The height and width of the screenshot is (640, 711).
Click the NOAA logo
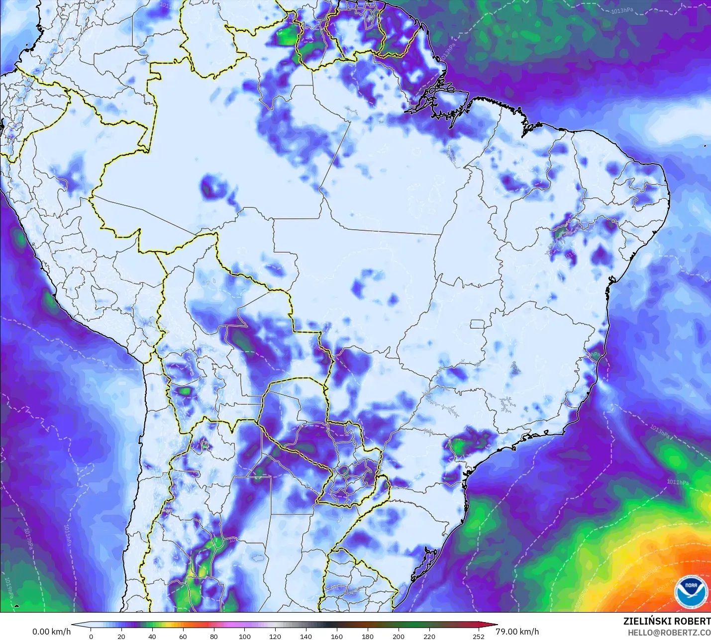(691, 592)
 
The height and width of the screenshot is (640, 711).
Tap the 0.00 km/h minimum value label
(52, 632)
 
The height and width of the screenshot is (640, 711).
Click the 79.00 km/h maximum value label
(517, 632)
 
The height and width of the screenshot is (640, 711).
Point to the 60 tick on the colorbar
(183, 636)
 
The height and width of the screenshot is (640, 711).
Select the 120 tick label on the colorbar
(275, 636)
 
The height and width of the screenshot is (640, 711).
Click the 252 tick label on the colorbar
(478, 636)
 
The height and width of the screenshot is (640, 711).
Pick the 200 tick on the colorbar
(398, 636)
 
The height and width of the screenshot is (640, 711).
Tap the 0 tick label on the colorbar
(91, 636)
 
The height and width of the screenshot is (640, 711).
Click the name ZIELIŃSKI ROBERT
(667, 621)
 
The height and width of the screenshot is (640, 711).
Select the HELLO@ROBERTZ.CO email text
(669, 633)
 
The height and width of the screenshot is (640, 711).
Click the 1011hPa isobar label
(678, 482)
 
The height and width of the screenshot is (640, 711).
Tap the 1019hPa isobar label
(8, 587)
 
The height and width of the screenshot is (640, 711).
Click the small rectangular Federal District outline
(478, 324)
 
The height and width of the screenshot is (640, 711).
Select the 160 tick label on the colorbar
(336, 636)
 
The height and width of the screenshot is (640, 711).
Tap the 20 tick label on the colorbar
(121, 636)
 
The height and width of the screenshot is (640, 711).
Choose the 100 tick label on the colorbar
(244, 636)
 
